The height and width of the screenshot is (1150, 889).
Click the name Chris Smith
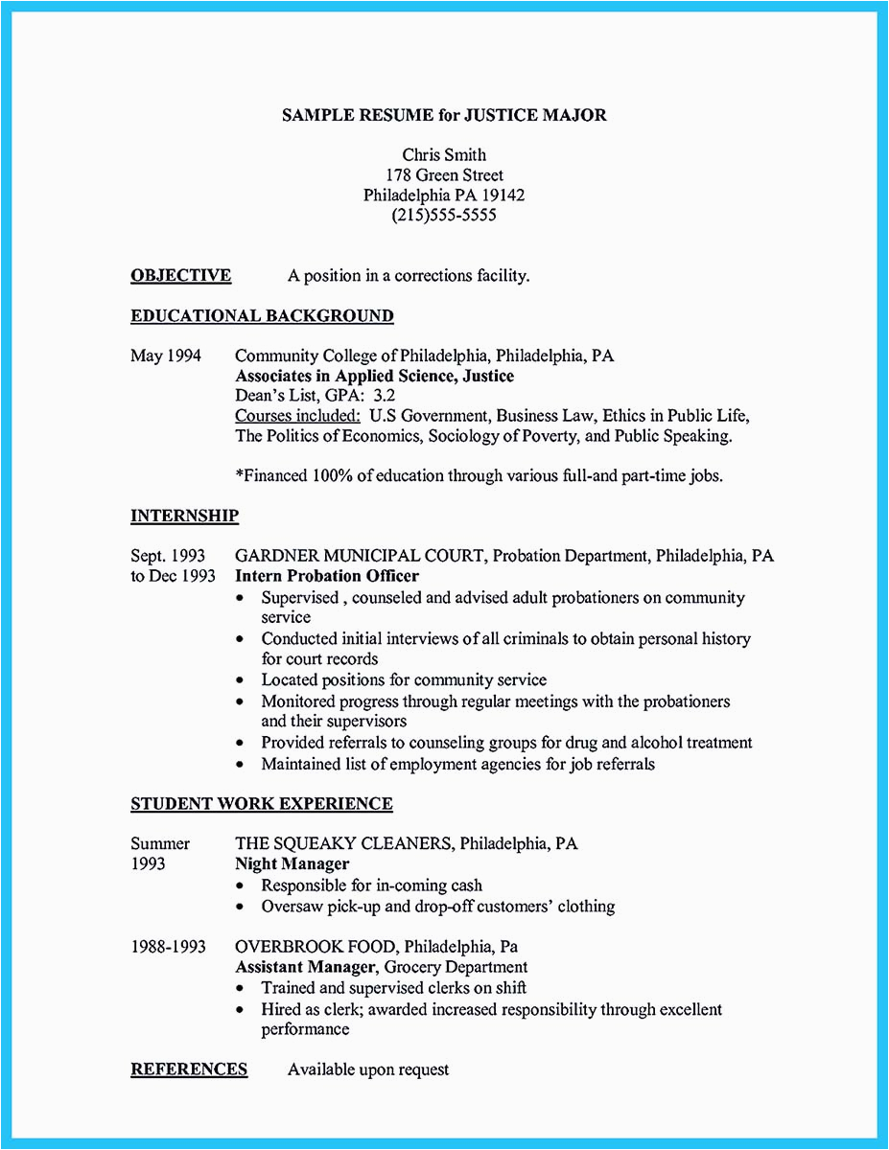[x=444, y=154]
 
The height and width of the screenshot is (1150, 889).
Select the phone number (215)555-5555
[x=444, y=216]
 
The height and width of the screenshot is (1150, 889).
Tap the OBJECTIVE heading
[x=180, y=276]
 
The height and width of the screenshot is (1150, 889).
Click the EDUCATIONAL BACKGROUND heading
[x=262, y=316]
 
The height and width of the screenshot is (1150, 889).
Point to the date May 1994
[x=166, y=356]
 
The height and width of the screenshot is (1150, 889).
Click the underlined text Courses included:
[x=297, y=416]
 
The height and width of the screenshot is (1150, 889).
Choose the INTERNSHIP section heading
[x=184, y=517]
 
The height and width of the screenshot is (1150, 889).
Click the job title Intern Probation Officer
[x=327, y=577]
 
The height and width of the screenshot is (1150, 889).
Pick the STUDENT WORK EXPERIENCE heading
[x=262, y=804]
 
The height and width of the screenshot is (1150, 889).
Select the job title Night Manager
[x=292, y=864]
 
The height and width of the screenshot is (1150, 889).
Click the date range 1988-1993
[x=168, y=947]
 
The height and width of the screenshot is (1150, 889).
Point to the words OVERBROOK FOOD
[x=310, y=947]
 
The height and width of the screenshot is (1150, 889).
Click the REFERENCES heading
[x=189, y=1069]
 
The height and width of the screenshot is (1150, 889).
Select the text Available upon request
[x=368, y=1069]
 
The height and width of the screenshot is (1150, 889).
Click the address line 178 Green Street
[x=444, y=175]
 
